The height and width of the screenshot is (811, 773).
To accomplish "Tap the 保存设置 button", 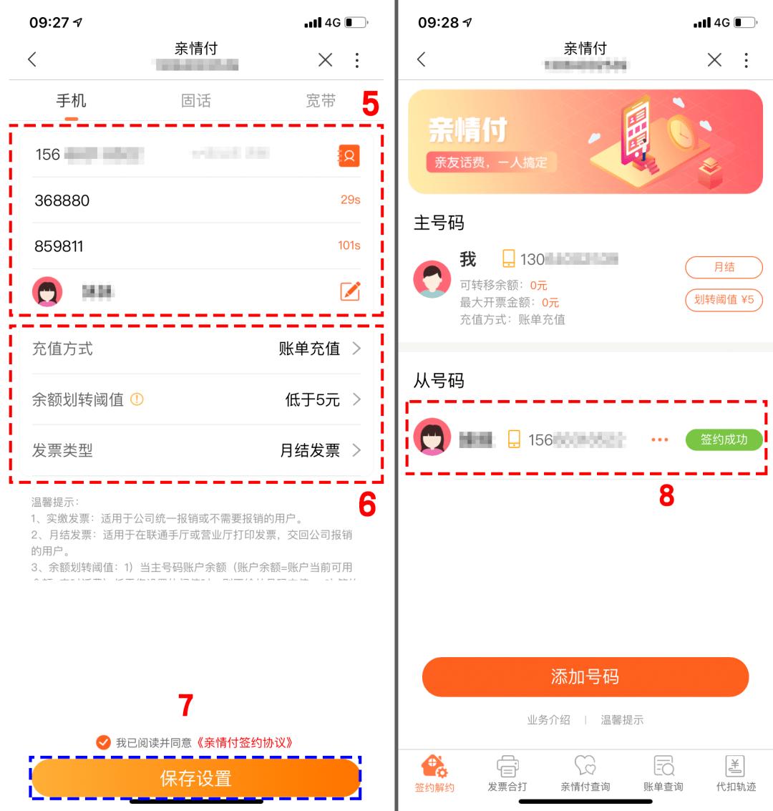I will click(195, 778).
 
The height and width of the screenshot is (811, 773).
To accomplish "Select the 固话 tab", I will click(196, 101).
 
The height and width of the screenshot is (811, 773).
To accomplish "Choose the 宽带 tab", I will click(320, 101).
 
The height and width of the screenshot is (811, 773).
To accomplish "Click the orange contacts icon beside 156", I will click(349, 155).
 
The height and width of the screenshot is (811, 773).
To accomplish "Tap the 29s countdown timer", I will click(350, 200).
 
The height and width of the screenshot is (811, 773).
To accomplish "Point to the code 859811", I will click(59, 246).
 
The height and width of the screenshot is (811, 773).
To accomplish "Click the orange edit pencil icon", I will click(350, 291).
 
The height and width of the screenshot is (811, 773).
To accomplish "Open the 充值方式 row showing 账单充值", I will click(195, 349).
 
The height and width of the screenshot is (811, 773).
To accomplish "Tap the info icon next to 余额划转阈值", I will click(137, 399).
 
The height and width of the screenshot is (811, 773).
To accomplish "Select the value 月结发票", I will click(310, 450).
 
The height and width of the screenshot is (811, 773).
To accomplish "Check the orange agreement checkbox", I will click(104, 742).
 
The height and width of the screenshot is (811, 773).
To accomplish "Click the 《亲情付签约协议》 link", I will click(244, 742).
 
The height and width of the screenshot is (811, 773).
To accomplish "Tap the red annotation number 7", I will click(185, 705).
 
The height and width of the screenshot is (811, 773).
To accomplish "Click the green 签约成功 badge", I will click(724, 440).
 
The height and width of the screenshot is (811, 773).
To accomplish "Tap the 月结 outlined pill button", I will click(724, 267).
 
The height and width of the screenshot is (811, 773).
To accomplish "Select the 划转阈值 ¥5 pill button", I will click(724, 300).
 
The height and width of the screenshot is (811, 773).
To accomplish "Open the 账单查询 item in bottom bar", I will click(663, 773).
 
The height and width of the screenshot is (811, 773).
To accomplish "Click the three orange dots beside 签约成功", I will click(659, 440).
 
